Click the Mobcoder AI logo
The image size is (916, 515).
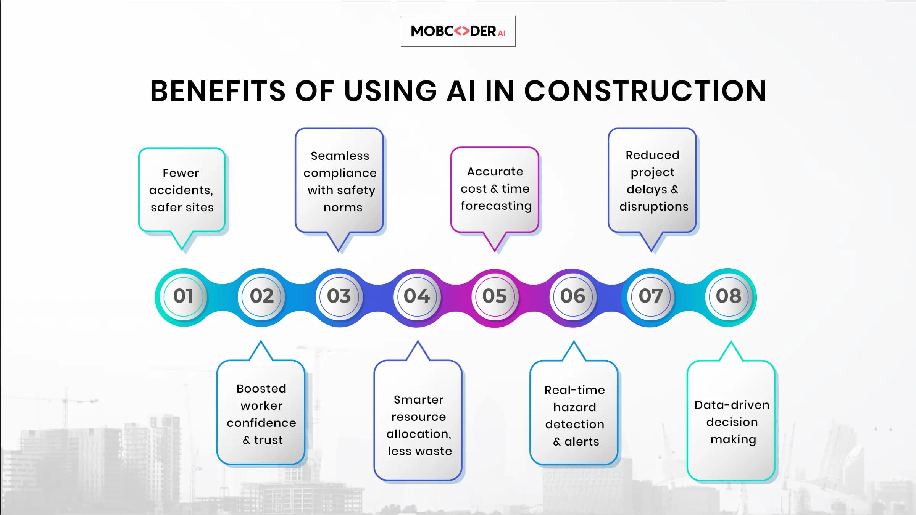pyautogui.click(x=458, y=31)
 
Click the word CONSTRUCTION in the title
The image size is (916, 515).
pyautogui.click(x=645, y=91)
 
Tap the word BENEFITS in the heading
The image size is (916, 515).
pyautogui.click(x=218, y=91)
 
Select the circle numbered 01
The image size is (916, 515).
pyautogui.click(x=184, y=296)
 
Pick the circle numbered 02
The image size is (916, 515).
pyautogui.click(x=261, y=296)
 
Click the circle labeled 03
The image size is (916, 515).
pyautogui.click(x=339, y=296)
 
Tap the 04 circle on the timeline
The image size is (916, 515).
pyautogui.click(x=417, y=296)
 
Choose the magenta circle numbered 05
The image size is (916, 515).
pyautogui.click(x=495, y=296)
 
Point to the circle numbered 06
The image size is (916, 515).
pyautogui.click(x=572, y=296)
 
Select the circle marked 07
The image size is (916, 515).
pyautogui.click(x=650, y=296)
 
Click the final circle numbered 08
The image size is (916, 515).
pyautogui.click(x=728, y=296)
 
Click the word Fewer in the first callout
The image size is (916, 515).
pyautogui.click(x=181, y=173)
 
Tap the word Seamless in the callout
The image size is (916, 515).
pyautogui.click(x=340, y=156)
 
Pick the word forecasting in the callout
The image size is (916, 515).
pyautogui.click(x=496, y=206)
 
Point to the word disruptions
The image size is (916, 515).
pyautogui.click(x=654, y=207)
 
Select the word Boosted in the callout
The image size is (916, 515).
pyautogui.click(x=261, y=389)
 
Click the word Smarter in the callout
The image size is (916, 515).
pyautogui.click(x=419, y=400)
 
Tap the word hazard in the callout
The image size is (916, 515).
pyautogui.click(x=575, y=407)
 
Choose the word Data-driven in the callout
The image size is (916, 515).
pyautogui.click(x=732, y=405)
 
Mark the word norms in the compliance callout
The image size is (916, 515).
pyautogui.click(x=343, y=208)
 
